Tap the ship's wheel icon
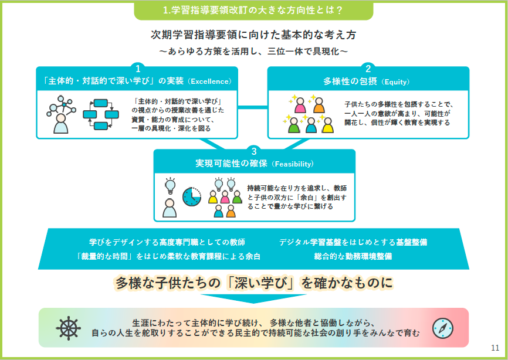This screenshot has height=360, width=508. [68, 328]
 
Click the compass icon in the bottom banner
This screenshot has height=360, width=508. [442, 328]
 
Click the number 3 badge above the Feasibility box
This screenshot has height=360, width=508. [254, 151]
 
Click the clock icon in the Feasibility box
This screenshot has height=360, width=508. [191, 196]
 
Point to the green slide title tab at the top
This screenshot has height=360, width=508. [253, 11]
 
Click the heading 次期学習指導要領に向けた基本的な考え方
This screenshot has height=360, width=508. [253, 35]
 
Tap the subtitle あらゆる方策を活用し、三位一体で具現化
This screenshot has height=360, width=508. [253, 52]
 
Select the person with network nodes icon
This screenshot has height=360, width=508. [61, 114]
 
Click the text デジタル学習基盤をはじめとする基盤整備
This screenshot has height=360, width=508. [353, 242]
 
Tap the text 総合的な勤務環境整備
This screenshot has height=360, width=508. [353, 256]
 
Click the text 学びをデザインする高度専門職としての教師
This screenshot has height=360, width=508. [167, 242]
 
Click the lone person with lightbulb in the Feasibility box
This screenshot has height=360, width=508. [170, 197]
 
